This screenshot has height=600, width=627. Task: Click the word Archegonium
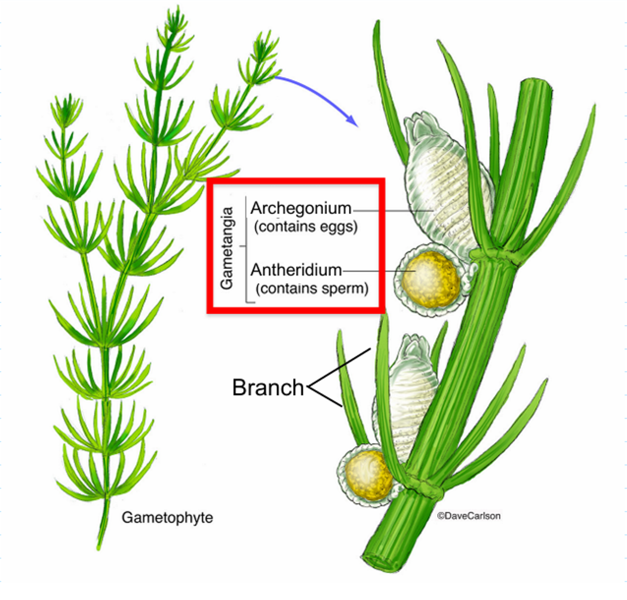tap(300, 209)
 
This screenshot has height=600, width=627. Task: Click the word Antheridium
tap(296, 270)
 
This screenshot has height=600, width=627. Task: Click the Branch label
tap(268, 388)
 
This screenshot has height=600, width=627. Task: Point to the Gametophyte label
tap(167, 518)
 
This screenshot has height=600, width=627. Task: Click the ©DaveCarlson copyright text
tap(469, 516)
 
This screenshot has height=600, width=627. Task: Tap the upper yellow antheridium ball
tap(430, 278)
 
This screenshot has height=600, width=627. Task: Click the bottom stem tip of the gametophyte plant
tap(100, 546)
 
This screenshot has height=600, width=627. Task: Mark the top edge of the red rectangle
tap(296, 180)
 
